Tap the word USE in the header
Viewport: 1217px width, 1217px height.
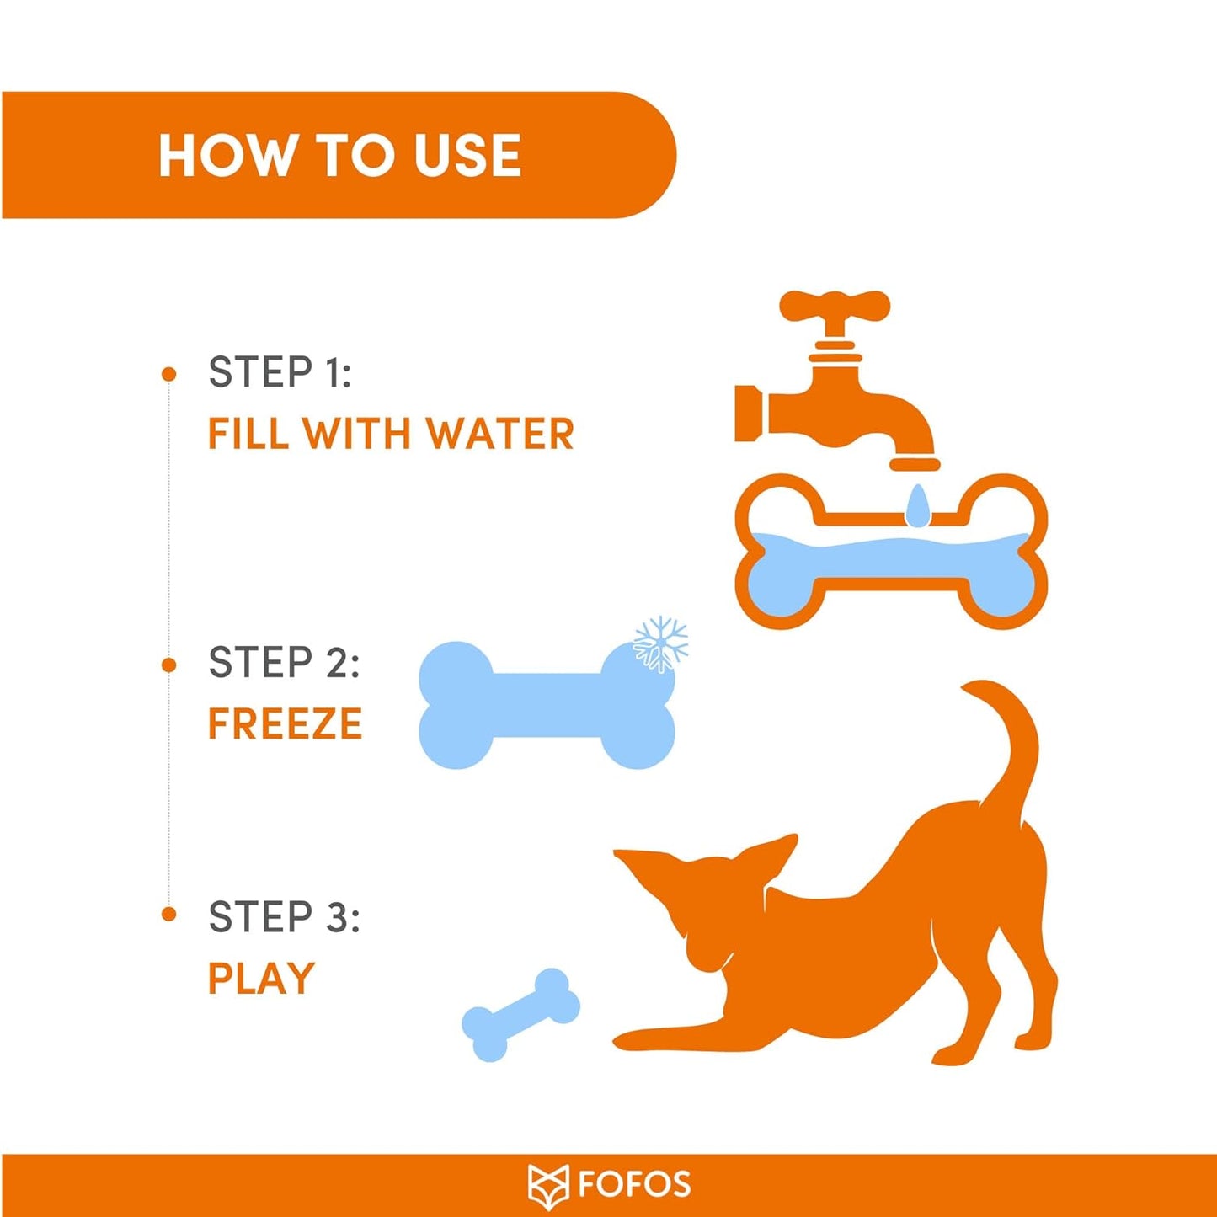tap(467, 155)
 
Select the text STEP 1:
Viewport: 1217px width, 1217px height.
tap(279, 371)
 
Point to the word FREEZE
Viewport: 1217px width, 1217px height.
tap(285, 723)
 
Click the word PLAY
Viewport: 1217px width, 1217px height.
tap(261, 979)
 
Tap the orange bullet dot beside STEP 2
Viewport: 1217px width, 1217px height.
tap(168, 665)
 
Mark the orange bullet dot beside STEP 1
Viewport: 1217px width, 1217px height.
tap(168, 375)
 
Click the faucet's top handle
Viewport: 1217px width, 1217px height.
tap(835, 306)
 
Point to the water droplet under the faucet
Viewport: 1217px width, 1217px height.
tap(917, 505)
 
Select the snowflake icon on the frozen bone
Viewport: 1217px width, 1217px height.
tap(660, 643)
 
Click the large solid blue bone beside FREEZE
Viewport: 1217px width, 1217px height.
tap(547, 705)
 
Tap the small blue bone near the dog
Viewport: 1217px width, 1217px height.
tap(521, 1015)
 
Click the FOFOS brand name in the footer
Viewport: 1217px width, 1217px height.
tap(634, 1184)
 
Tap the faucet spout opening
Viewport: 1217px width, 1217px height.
tap(915, 466)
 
